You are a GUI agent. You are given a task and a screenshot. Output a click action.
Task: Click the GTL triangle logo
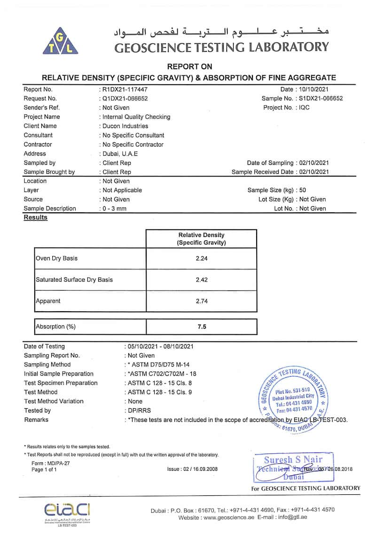click(63, 40)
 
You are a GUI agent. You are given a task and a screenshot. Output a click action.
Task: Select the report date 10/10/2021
click(314, 89)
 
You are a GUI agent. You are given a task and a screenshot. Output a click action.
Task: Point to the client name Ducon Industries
click(125, 126)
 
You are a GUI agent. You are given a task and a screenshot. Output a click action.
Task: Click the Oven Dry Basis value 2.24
click(201, 258)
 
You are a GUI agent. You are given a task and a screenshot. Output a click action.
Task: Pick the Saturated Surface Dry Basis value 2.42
click(201, 280)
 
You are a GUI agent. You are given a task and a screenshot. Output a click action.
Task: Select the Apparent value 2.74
click(201, 301)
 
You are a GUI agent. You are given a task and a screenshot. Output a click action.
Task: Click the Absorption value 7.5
click(201, 326)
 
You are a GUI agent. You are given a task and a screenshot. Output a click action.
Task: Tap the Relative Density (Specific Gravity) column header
click(201, 239)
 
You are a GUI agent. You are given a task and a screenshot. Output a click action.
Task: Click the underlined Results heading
click(36, 218)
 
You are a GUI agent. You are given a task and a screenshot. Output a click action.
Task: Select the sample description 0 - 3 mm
click(115, 209)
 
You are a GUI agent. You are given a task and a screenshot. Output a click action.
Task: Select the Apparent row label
click(48, 301)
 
